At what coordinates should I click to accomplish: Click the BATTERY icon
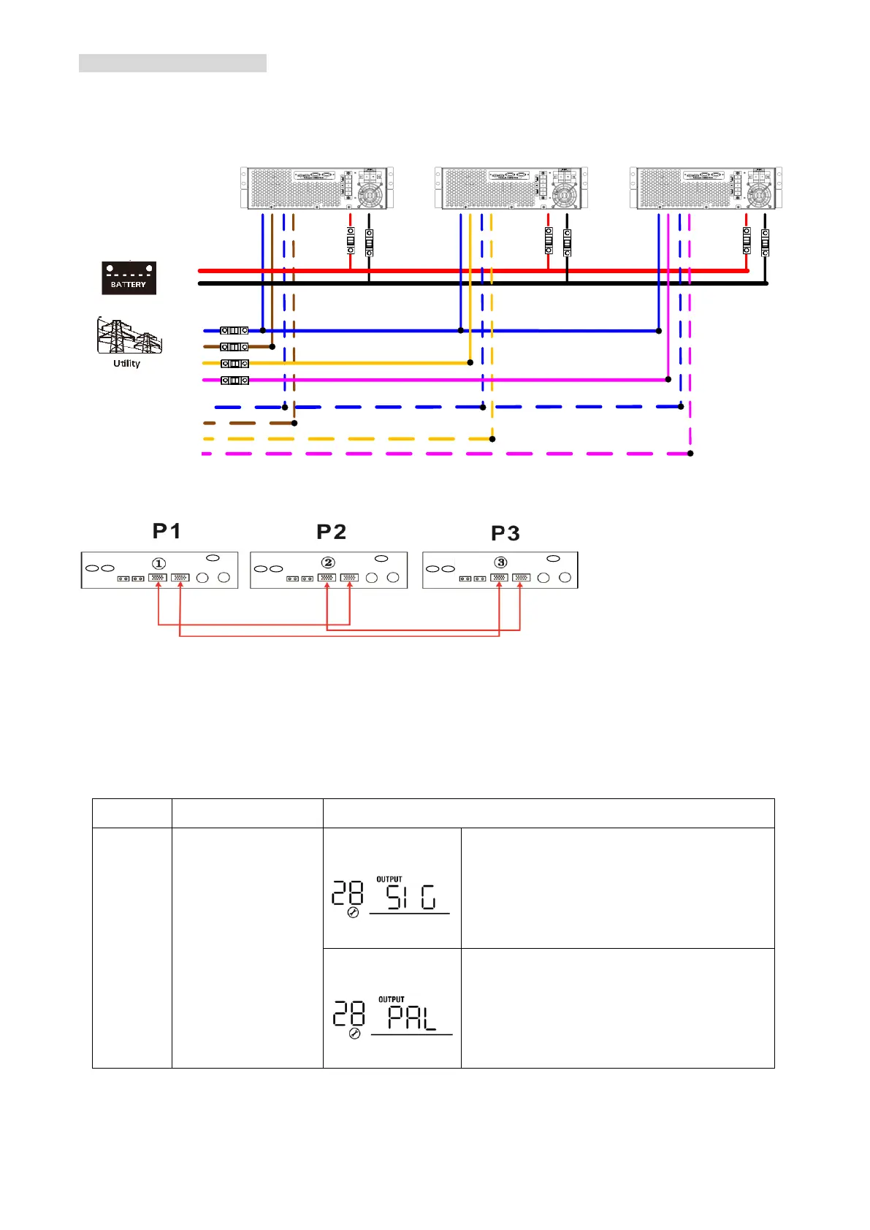click(x=129, y=278)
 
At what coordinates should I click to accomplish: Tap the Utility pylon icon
click(x=129, y=336)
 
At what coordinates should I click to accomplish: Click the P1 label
click(x=167, y=531)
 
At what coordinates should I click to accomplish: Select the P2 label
click(x=331, y=532)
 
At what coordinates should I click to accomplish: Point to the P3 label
click(x=505, y=534)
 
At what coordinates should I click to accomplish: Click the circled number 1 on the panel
click(x=159, y=563)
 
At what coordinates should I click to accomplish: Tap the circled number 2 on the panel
click(x=328, y=562)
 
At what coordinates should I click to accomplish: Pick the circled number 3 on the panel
click(x=500, y=562)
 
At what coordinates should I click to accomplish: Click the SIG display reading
click(x=411, y=897)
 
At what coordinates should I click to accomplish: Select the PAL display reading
click(x=412, y=1017)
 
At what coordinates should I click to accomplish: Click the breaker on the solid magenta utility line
click(x=234, y=380)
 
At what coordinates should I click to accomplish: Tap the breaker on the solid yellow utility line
click(x=234, y=363)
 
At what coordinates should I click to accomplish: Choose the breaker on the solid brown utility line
click(x=234, y=347)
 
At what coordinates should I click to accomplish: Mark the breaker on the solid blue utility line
click(x=234, y=331)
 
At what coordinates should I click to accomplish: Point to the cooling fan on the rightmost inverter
click(x=759, y=196)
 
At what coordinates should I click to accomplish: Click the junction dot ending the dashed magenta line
click(x=690, y=454)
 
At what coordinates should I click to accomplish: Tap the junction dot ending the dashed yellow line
click(x=492, y=439)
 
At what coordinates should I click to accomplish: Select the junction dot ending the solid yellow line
click(x=470, y=362)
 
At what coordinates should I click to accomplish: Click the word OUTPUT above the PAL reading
click(x=392, y=999)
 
